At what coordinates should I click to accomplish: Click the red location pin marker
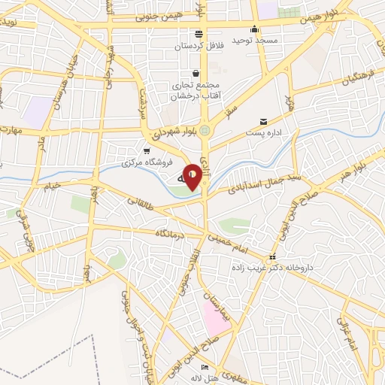click(193, 176)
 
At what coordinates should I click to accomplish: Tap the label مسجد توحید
click(254, 39)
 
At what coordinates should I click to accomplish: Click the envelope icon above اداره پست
click(263, 121)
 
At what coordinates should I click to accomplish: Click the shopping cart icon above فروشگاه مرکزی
click(147, 150)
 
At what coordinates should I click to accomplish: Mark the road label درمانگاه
click(170, 234)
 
